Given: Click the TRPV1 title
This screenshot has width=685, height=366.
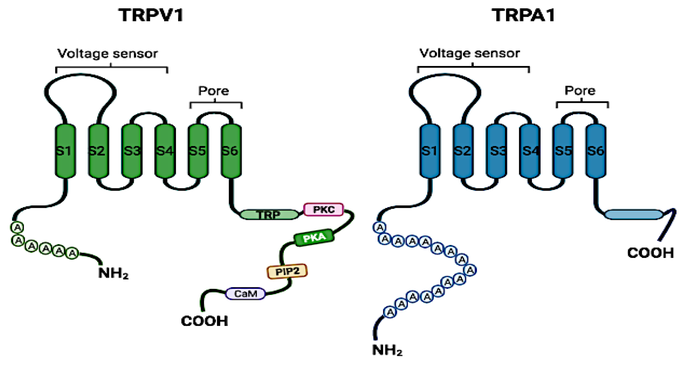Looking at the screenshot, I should pyautogui.click(x=151, y=15).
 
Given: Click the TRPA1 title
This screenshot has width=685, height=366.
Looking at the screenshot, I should pyautogui.click(x=523, y=15).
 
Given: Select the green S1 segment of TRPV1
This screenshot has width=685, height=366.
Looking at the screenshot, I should pyautogui.click(x=65, y=151).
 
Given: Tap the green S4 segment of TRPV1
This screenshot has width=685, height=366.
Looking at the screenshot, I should pyautogui.click(x=165, y=151).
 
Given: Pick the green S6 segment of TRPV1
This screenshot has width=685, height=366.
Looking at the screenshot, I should pyautogui.click(x=231, y=151).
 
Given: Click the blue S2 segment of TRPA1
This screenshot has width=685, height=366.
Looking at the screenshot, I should pyautogui.click(x=463, y=151).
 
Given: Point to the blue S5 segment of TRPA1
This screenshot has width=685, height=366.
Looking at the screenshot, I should pyautogui.click(x=563, y=151).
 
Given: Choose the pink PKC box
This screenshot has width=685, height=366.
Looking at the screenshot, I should pyautogui.click(x=324, y=209).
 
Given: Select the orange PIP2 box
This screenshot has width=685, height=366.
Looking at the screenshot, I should pyautogui.click(x=287, y=271).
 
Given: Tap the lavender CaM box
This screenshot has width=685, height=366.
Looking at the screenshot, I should pyautogui.click(x=245, y=294).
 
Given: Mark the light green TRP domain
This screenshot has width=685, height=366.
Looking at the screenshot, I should pyautogui.click(x=269, y=214).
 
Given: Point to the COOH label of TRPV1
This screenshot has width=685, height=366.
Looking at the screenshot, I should pyautogui.click(x=204, y=321).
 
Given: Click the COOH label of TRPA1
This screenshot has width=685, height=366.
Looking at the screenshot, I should pyautogui.click(x=651, y=253).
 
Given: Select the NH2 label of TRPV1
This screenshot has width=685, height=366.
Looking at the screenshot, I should pyautogui.click(x=113, y=273).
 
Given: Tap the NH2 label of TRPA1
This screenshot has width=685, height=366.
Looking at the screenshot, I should pyautogui.click(x=387, y=350).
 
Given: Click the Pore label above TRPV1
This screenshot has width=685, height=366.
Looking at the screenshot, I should pyautogui.click(x=214, y=91).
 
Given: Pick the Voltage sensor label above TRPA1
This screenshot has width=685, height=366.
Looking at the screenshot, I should pyautogui.click(x=470, y=53).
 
